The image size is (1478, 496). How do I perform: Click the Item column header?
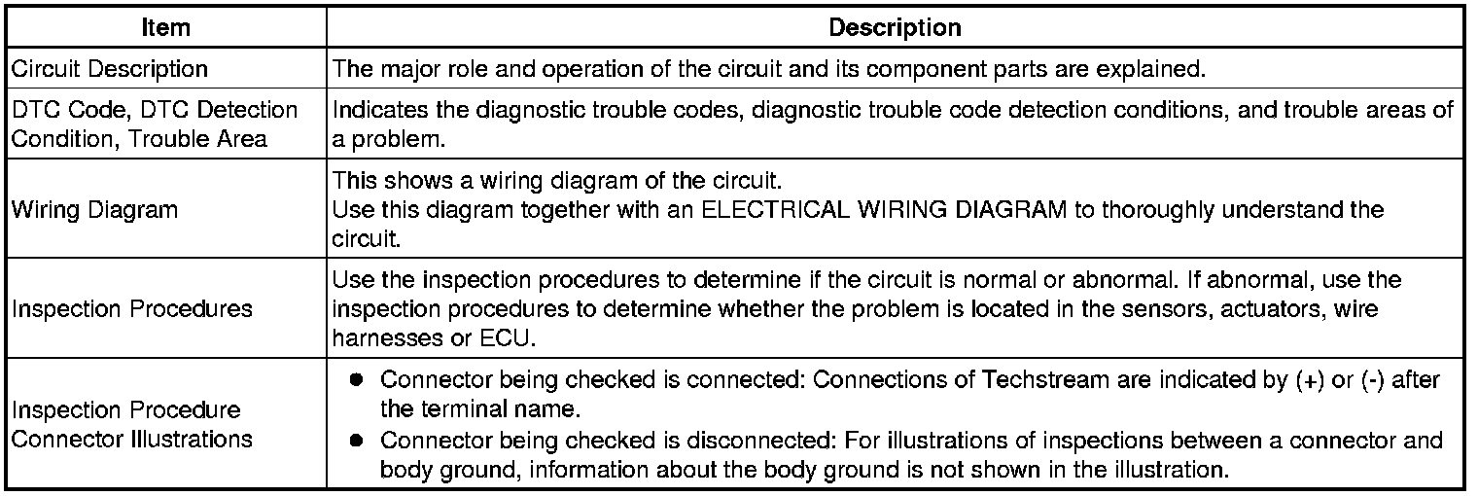click(x=166, y=28)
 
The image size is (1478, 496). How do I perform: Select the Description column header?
click(x=895, y=28)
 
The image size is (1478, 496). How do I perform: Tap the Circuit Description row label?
click(x=110, y=69)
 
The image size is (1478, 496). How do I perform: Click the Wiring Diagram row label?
click(x=95, y=209)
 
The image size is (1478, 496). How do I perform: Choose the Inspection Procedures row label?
click(x=131, y=309)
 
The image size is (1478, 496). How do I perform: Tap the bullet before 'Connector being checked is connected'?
click(x=357, y=380)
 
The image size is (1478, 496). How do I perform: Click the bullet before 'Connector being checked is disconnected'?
click(x=357, y=441)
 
